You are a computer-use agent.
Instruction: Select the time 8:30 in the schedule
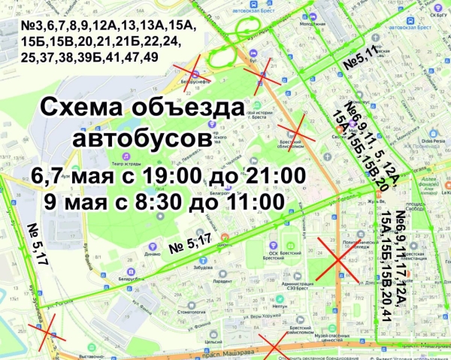(156, 201)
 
